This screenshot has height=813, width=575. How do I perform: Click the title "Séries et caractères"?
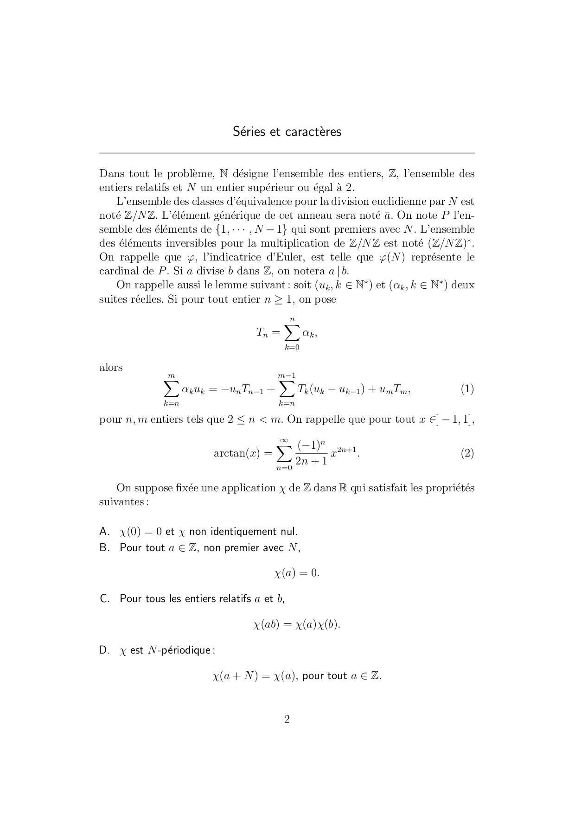[x=287, y=132]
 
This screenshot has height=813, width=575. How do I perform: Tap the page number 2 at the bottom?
[x=287, y=719]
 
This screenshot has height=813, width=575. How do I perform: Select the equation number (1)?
[x=467, y=389]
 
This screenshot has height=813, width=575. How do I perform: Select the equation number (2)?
[x=467, y=453]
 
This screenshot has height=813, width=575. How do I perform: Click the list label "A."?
[x=104, y=531]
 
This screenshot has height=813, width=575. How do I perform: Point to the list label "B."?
[x=104, y=547]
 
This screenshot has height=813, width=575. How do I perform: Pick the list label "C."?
[x=104, y=598]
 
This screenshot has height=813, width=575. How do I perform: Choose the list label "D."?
[x=104, y=650]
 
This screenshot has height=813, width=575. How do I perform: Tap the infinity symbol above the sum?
[x=284, y=439]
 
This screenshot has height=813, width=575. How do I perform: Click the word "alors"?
[x=111, y=368]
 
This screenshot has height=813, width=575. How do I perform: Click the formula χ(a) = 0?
[x=297, y=573]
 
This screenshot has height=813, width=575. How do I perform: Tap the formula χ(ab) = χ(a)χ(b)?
[x=297, y=624]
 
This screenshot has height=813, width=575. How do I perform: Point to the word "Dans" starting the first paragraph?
[x=111, y=174]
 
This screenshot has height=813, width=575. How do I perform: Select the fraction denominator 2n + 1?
[x=311, y=461]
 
